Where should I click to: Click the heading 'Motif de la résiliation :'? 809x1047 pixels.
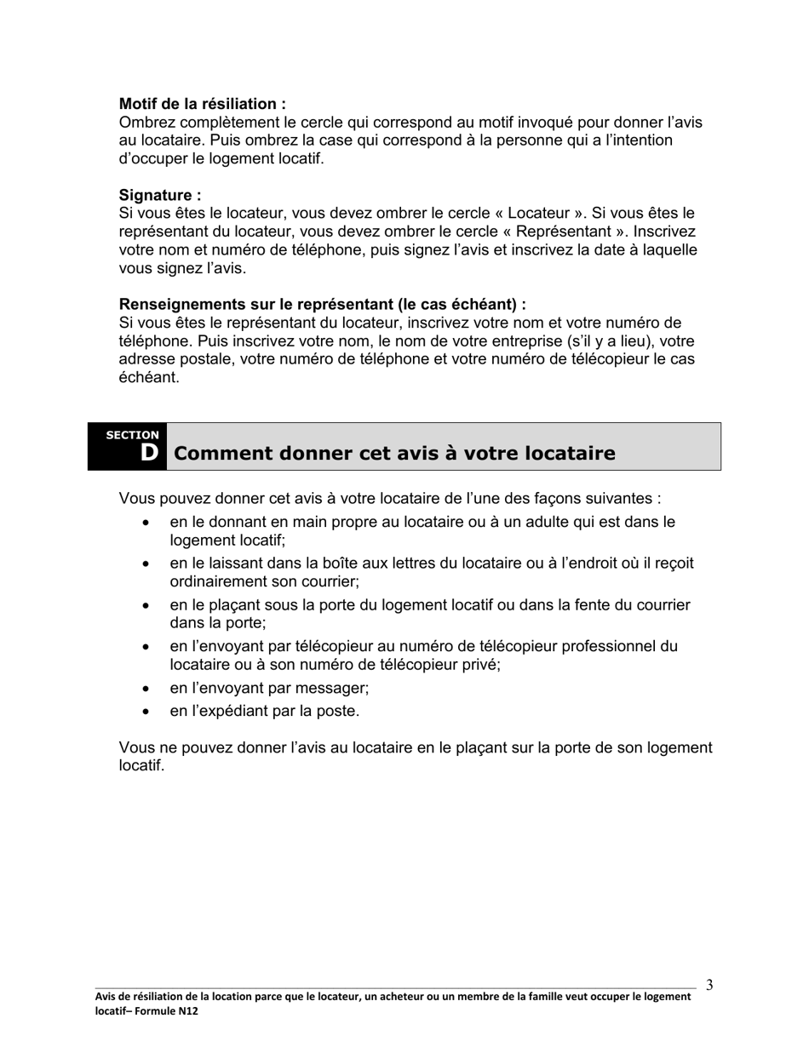(x=202, y=104)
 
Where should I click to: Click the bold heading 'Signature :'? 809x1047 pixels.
(x=160, y=195)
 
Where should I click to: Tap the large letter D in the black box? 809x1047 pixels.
(x=149, y=453)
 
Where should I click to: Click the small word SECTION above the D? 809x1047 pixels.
(x=132, y=435)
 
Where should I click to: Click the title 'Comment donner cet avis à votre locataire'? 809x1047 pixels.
(x=393, y=453)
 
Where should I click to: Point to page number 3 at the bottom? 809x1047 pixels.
(x=709, y=986)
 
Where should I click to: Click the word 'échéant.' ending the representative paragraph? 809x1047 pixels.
(x=149, y=377)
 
